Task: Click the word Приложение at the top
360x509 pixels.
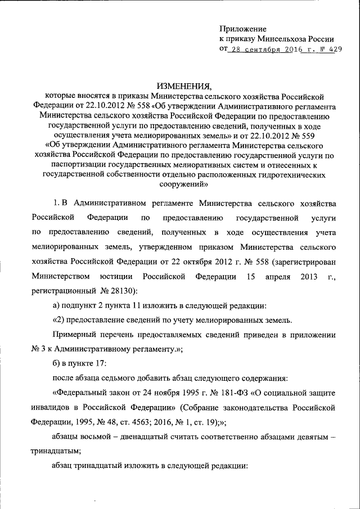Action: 243,29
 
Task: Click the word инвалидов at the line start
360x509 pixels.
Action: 51,406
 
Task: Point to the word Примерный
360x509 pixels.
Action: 71,335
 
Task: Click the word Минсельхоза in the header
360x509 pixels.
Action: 282,39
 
